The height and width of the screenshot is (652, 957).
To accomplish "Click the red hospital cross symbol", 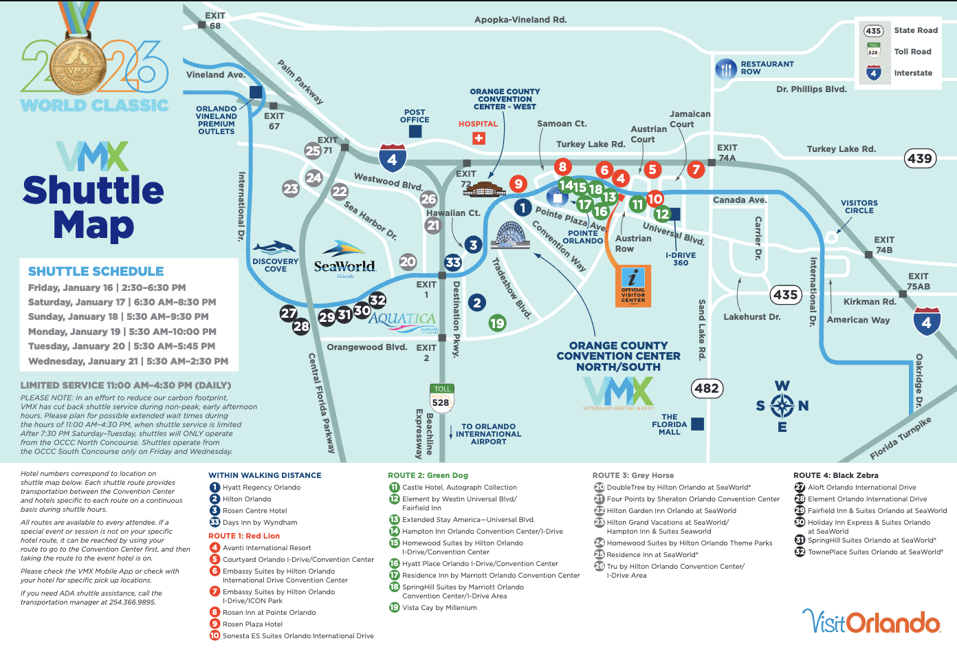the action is (x=478, y=138).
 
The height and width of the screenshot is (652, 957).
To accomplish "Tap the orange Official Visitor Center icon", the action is (x=633, y=286).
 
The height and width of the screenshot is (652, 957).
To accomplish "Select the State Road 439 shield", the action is (x=920, y=158).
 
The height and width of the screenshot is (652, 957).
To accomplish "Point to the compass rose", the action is (x=782, y=406).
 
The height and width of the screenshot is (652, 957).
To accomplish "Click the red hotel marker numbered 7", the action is (x=696, y=170).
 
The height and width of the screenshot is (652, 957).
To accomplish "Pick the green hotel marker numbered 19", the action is (x=497, y=323).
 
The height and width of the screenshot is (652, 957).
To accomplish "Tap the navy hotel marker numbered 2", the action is (x=477, y=303).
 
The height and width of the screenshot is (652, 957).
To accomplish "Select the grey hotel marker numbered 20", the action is (x=408, y=261).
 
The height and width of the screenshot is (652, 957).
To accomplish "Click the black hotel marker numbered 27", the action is (x=288, y=313).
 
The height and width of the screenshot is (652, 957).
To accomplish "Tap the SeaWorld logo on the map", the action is (x=344, y=259).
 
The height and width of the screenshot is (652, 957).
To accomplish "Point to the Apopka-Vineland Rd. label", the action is (x=520, y=20).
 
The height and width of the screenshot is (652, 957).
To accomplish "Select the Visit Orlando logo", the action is (x=872, y=622).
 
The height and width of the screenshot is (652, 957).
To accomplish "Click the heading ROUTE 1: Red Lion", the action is (x=244, y=536).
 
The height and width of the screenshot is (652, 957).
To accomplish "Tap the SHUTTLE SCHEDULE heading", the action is (x=96, y=271).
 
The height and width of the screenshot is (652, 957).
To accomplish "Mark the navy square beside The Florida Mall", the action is (x=698, y=424).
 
